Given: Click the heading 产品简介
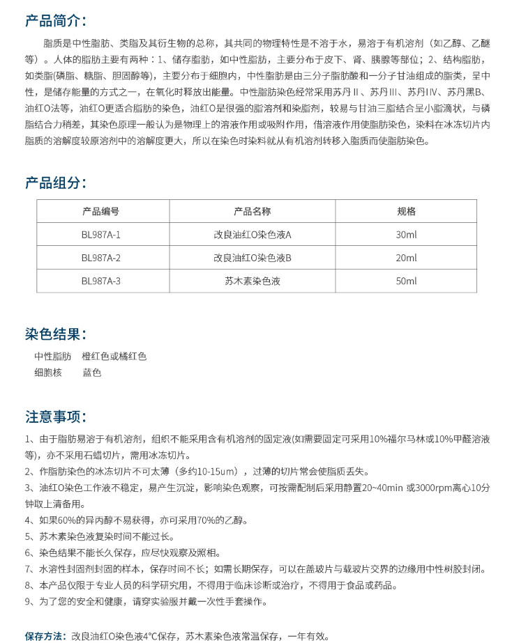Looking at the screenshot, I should (56, 20).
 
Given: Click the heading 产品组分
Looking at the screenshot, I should (56, 183).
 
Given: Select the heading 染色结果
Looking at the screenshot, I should (56, 334).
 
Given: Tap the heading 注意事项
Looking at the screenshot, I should (56, 417).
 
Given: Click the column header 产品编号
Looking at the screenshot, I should (101, 212).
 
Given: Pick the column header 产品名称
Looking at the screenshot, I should (252, 212).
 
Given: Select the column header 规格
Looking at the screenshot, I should (406, 212).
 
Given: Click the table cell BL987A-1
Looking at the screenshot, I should (101, 235).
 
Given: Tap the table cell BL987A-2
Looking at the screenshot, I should (101, 258).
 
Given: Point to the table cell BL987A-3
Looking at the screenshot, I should (101, 281).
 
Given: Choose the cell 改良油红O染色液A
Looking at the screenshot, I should (252, 235).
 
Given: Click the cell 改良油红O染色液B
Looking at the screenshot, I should (252, 258).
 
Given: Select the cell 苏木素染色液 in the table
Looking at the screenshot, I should (252, 281).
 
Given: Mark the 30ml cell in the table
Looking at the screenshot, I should (406, 235).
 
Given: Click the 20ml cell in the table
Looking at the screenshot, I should (406, 258).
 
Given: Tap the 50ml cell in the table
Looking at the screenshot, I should (406, 281).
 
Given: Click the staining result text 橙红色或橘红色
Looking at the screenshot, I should (114, 357).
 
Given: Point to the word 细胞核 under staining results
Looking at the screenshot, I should (48, 373).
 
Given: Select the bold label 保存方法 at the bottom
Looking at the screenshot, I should (45, 636).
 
